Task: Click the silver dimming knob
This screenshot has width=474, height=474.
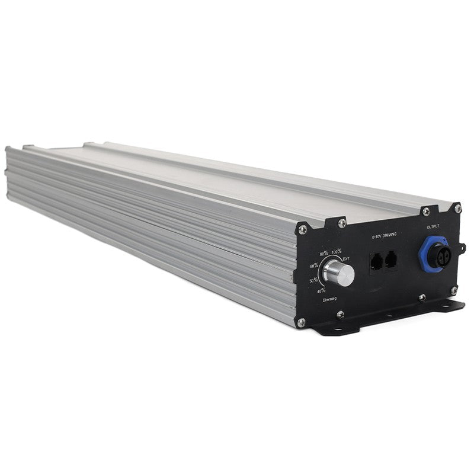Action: pyautogui.click(x=340, y=274)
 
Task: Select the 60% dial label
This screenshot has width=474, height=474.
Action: pyautogui.click(x=314, y=265)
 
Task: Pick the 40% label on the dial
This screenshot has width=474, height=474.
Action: pyautogui.click(x=321, y=290)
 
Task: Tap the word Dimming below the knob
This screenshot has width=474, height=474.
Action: pyautogui.click(x=330, y=300)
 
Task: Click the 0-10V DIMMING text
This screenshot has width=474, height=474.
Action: pyautogui.click(x=384, y=236)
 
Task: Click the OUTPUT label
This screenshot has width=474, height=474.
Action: pyautogui.click(x=433, y=226)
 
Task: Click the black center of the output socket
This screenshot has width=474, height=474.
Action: pyautogui.click(x=440, y=256)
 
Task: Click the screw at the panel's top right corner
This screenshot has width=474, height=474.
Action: pyautogui.click(x=457, y=209)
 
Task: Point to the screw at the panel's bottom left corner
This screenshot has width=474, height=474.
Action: pyautogui.click(x=301, y=322)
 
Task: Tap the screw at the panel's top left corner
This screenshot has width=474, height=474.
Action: pyautogui.click(x=303, y=229)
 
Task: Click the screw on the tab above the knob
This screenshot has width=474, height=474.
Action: pyautogui.click(x=342, y=223)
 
